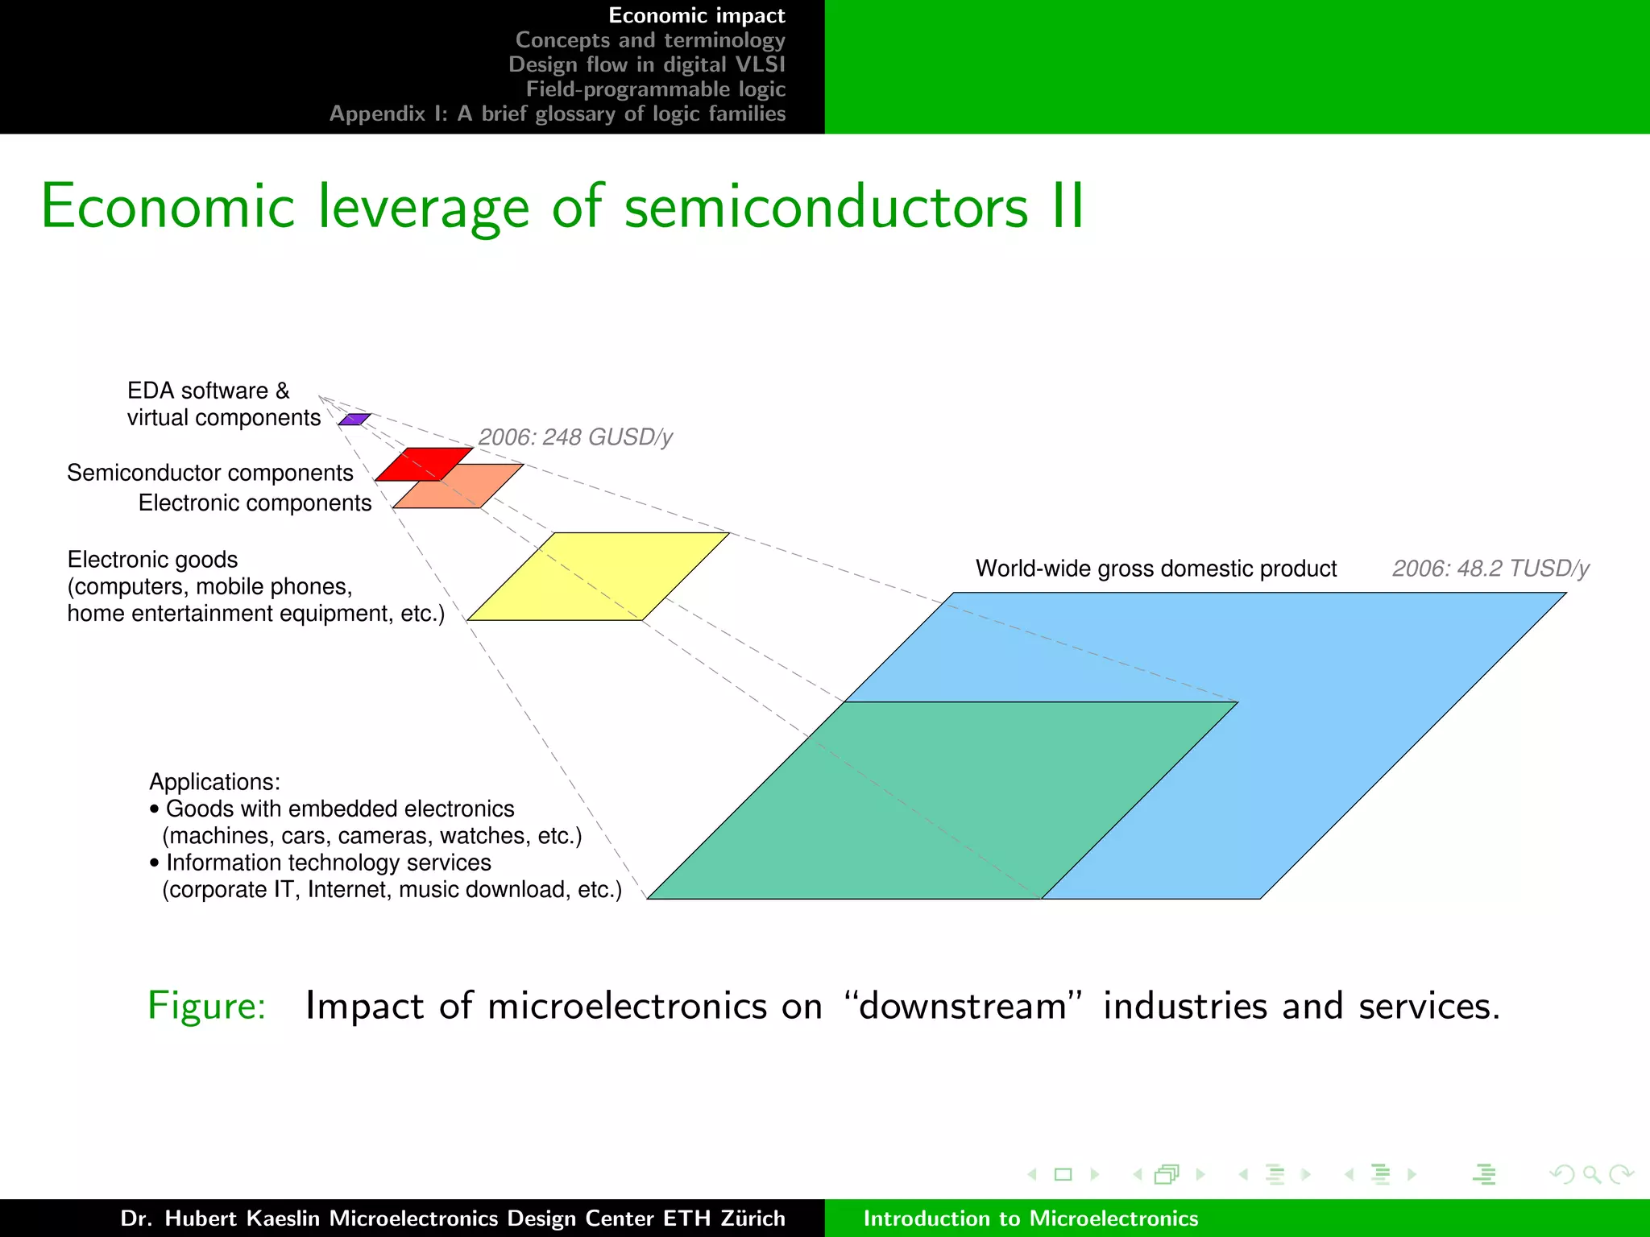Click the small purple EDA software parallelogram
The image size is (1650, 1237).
coord(354,420)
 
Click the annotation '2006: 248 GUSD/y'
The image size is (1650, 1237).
coord(574,437)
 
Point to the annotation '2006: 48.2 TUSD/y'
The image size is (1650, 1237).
coord(1490,569)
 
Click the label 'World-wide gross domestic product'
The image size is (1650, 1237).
coord(1155,569)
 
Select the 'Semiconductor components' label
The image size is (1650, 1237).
coord(209,473)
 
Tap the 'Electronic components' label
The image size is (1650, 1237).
coord(255,503)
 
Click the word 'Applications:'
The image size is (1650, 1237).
coord(214,782)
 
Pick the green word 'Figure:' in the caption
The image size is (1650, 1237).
coord(207,1006)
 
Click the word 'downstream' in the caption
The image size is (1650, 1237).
coord(963,1006)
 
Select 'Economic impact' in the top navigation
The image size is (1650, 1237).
coord(696,15)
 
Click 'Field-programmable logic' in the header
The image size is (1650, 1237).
coord(655,89)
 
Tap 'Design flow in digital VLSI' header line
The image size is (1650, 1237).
coord(646,64)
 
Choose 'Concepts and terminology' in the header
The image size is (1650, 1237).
coord(649,40)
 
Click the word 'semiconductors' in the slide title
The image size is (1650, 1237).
coord(826,207)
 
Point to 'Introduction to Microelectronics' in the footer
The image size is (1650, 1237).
coord(1030,1218)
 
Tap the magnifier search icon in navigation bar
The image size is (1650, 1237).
coord(1591,1174)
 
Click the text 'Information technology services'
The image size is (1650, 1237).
coord(328,863)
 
